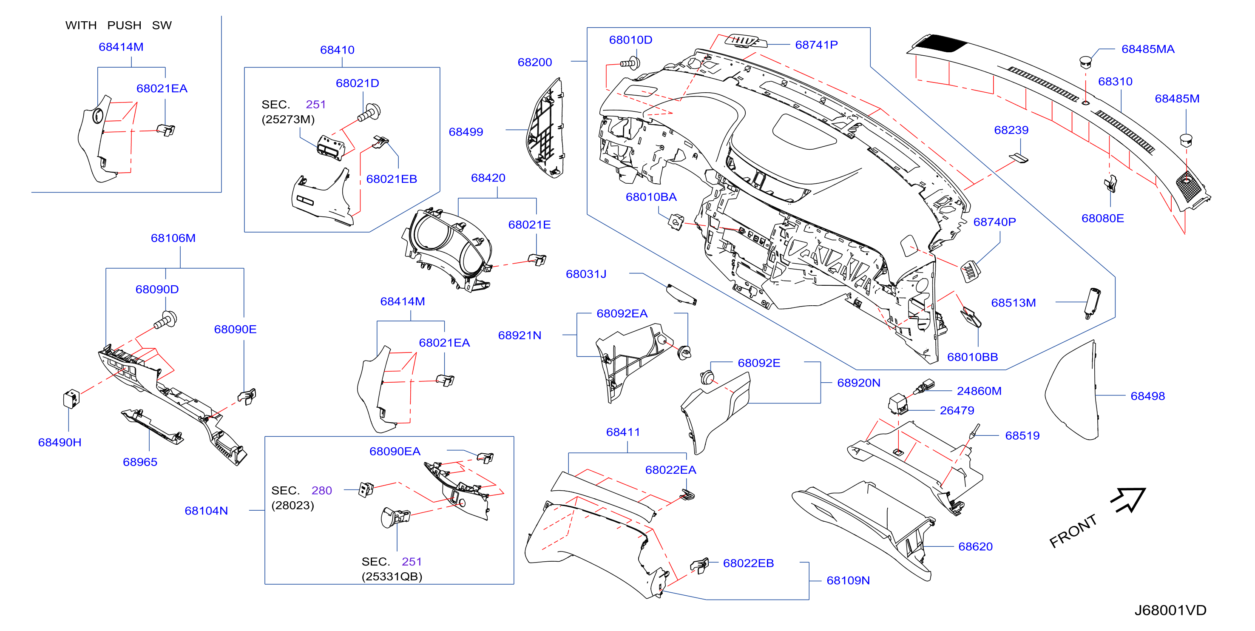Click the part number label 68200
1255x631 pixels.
534,63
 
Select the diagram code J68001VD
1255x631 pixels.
1170,610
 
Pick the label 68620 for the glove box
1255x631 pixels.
975,547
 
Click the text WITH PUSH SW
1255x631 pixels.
118,26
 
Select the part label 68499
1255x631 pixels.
466,132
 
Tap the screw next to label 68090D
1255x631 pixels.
165,321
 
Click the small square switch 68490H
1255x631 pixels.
71,398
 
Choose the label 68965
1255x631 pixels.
140,462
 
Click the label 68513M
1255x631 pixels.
1014,303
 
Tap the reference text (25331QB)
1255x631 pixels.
392,577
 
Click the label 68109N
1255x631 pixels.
848,581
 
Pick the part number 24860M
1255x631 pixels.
979,391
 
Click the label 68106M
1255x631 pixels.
173,238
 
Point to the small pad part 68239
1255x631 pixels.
1018,158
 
